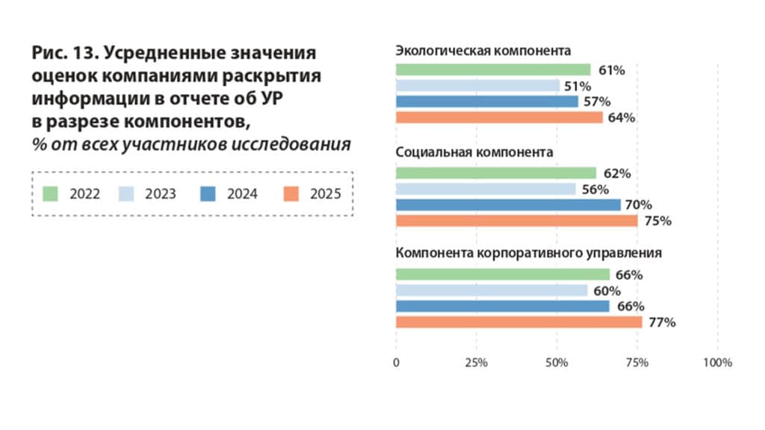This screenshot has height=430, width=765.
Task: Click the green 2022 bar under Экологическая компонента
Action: pos(493,70)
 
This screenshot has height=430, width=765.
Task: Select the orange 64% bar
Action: pos(498,117)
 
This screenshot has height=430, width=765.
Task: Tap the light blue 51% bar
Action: pos(477,86)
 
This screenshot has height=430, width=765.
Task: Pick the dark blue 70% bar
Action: pos(508,205)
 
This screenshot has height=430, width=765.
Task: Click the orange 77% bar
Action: pos(518,322)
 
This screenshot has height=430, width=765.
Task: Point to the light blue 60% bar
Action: pos(492,290)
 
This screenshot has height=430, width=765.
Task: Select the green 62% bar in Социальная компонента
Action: pos(495,173)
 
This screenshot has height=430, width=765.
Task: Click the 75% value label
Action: pos(658,221)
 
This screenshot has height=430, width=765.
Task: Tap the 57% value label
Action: pos(597,102)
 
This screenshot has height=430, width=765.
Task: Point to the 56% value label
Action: pos(595,190)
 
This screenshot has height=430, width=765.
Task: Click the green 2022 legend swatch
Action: pos(51,194)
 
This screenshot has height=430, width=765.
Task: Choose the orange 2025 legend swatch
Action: pos(292,194)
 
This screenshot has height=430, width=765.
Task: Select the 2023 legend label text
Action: pos(160,194)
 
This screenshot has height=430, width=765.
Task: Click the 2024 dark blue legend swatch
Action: pos(208,194)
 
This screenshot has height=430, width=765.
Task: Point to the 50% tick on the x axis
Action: pos(557,363)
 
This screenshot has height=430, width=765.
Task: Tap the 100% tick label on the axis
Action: pos(718,363)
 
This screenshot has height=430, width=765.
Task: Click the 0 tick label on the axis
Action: pos(396,363)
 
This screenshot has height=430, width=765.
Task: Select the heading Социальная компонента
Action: pos(474,152)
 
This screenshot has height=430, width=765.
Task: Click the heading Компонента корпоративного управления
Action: pos(528,253)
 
